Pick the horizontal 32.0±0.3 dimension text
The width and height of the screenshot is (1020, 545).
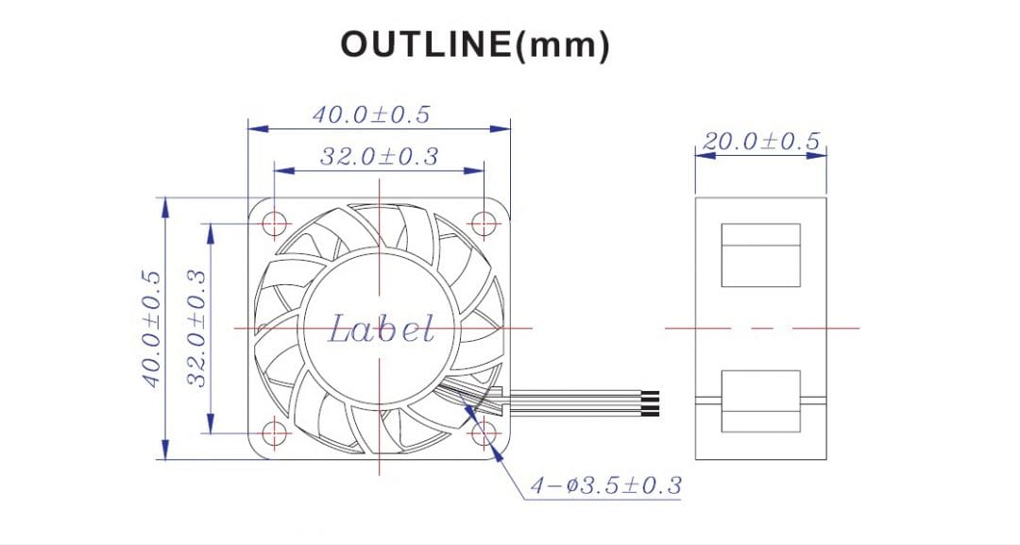pos(379,157)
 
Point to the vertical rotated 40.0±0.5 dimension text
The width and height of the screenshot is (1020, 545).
pos(151,328)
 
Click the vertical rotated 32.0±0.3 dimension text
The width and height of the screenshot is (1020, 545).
pos(195,328)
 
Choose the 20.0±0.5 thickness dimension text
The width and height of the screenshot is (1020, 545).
pos(760,142)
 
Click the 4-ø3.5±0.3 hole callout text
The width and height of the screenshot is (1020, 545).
pos(604,486)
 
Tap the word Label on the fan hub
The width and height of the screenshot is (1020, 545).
pos(382,330)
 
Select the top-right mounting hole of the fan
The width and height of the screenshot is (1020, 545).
pos(484,223)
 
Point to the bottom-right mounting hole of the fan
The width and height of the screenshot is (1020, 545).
pos(484,433)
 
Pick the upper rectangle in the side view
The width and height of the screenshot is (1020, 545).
pos(760,255)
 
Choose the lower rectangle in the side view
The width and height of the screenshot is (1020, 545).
pos(760,400)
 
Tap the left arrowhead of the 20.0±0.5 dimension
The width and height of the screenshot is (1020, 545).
pos(701,156)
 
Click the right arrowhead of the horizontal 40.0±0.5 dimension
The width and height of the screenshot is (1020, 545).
pos(504,128)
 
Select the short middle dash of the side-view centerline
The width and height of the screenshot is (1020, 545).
pos(761,328)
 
